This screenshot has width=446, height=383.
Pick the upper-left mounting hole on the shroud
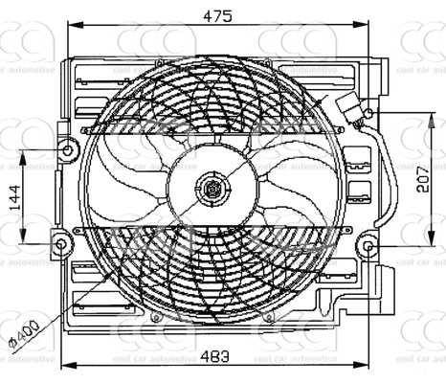point(67,149)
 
